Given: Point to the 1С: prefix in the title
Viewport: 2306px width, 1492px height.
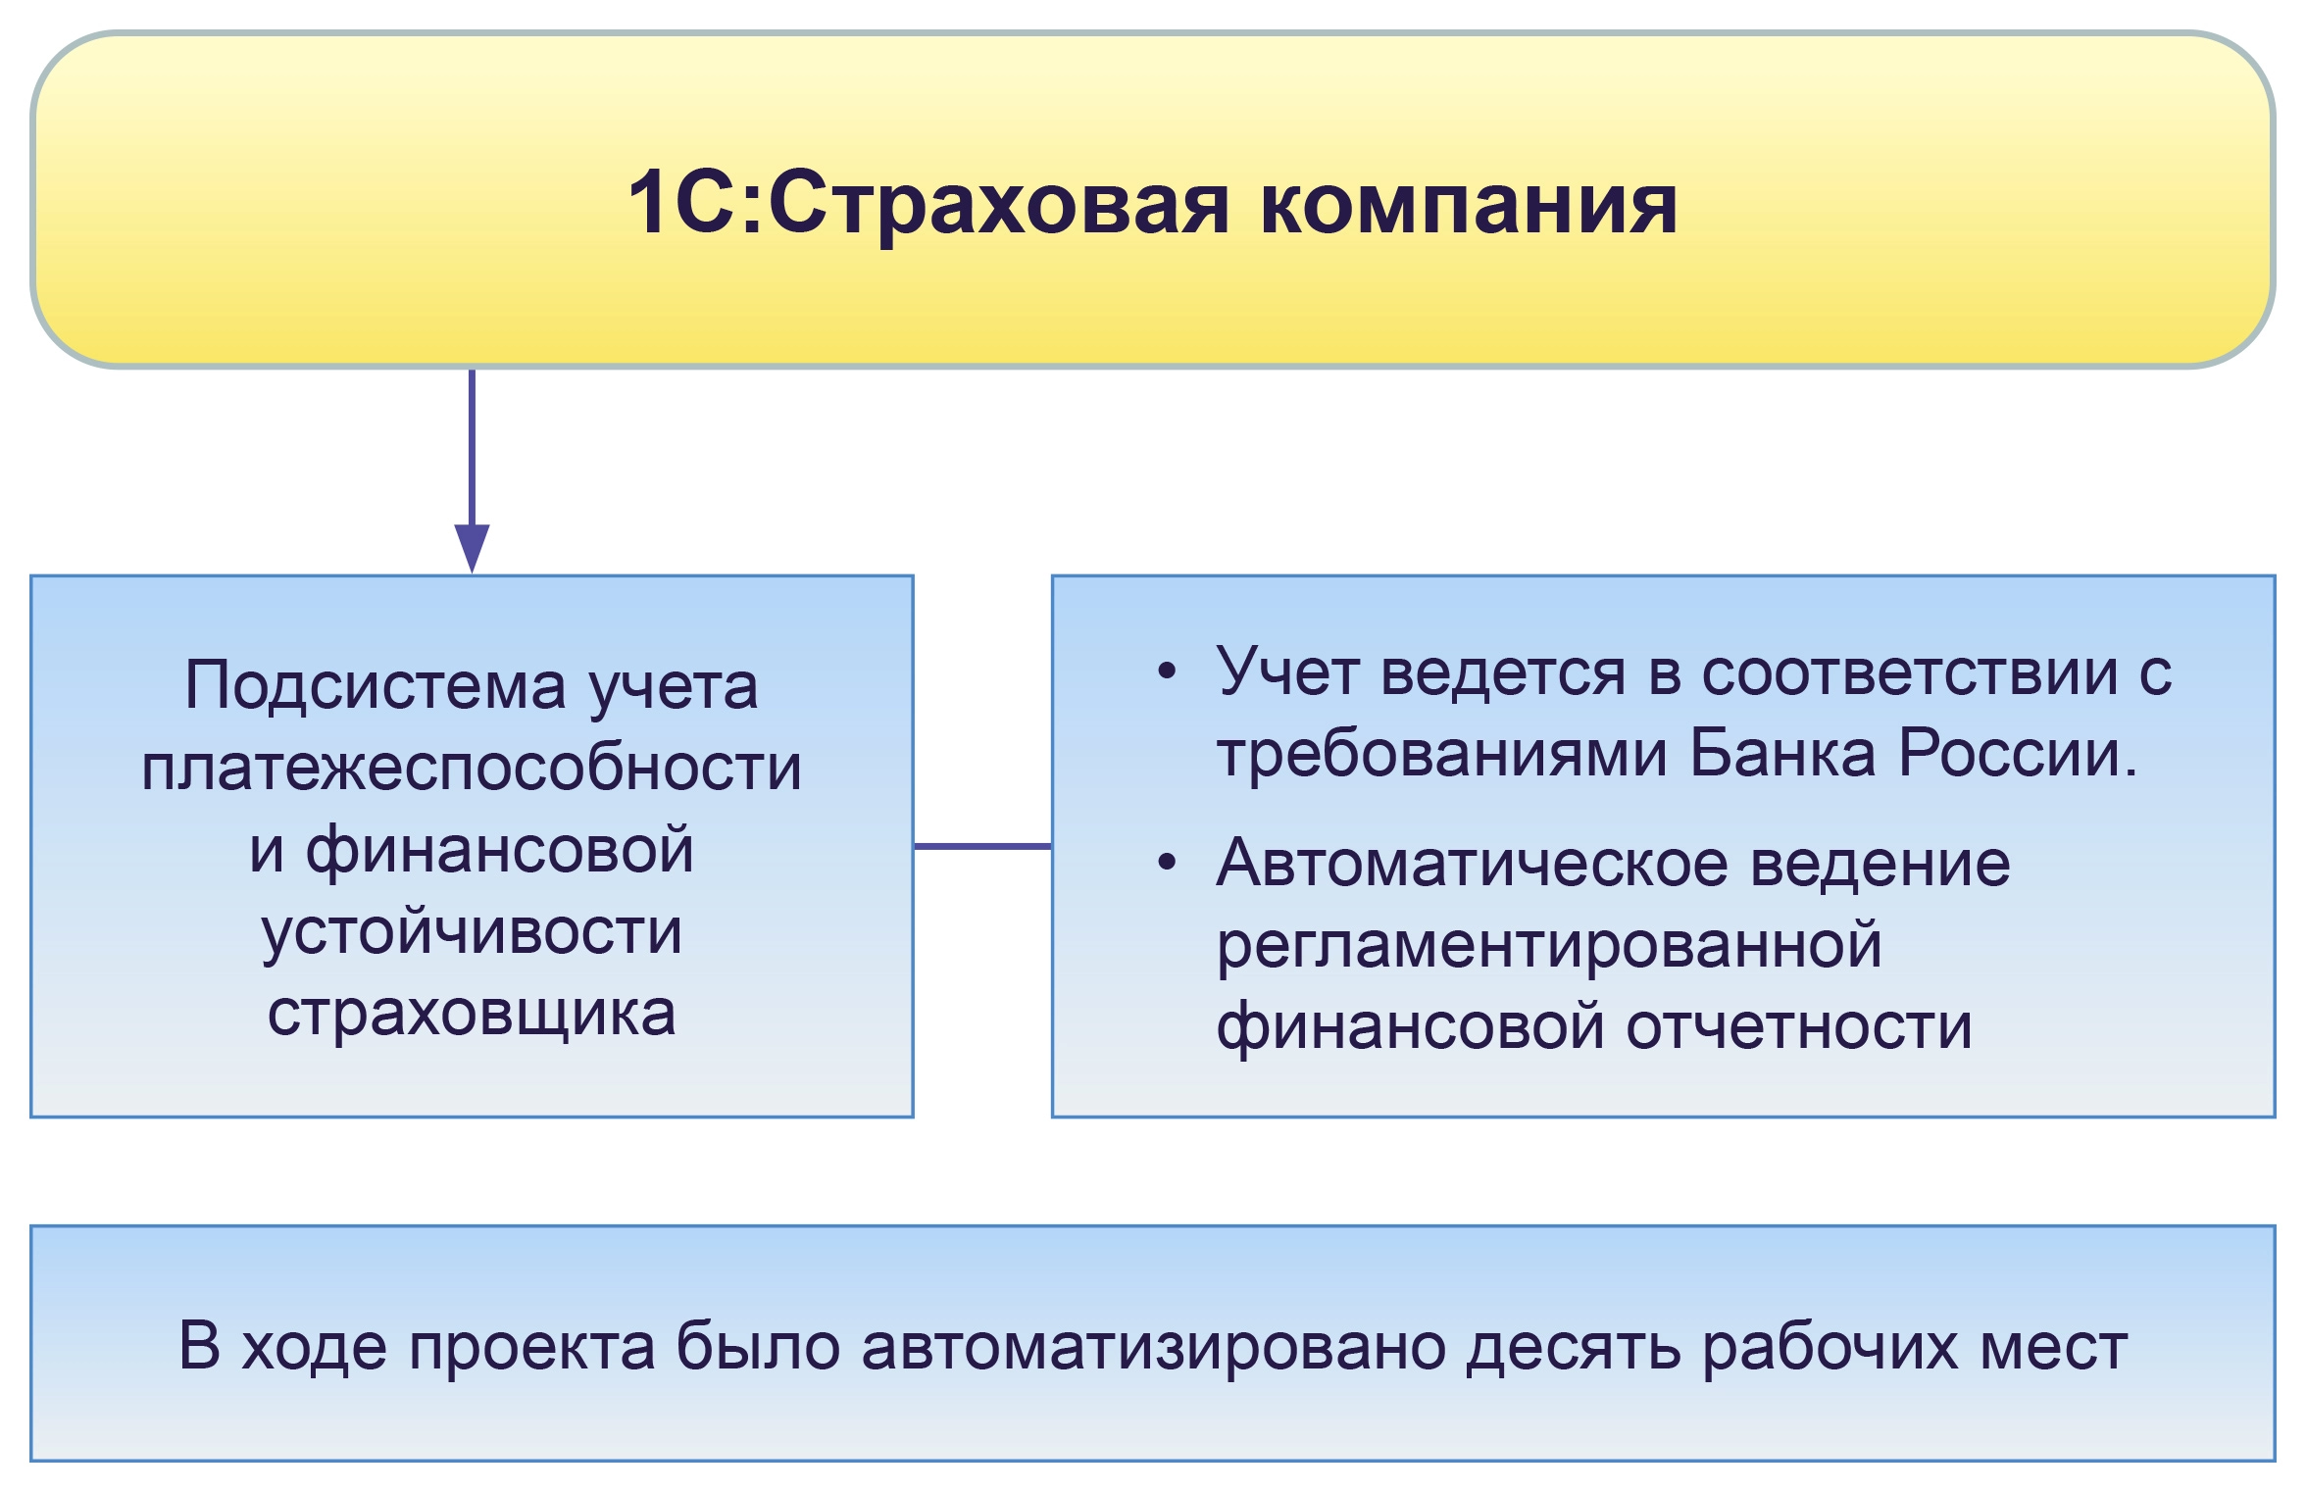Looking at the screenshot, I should point(694,204).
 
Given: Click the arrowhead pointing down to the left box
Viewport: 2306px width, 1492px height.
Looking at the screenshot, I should point(472,547).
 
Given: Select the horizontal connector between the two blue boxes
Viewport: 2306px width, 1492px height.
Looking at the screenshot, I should point(982,845).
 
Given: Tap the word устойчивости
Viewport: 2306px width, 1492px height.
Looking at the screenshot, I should point(472,931).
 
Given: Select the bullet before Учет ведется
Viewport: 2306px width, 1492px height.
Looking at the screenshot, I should point(1166,672).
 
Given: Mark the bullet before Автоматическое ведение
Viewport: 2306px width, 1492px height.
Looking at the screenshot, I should point(1166,863).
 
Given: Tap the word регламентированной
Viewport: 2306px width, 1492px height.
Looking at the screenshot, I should point(1549,945).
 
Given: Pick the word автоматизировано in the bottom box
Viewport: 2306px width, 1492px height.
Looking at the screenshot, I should point(1153,1346).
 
